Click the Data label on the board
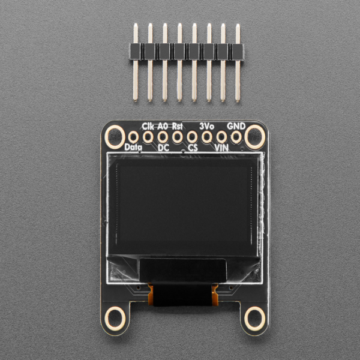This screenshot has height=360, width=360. [132, 146]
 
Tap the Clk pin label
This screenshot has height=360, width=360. [148, 126]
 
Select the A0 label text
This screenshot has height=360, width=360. [163, 126]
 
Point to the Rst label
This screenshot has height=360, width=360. [178, 126]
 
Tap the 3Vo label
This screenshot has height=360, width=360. [206, 126]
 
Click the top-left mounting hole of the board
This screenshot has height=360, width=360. [113, 137]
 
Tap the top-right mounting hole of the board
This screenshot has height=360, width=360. [254, 136]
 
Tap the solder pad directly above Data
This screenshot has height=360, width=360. [133, 137]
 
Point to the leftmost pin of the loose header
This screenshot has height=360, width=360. [136, 60]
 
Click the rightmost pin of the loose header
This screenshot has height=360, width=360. [238, 60]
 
